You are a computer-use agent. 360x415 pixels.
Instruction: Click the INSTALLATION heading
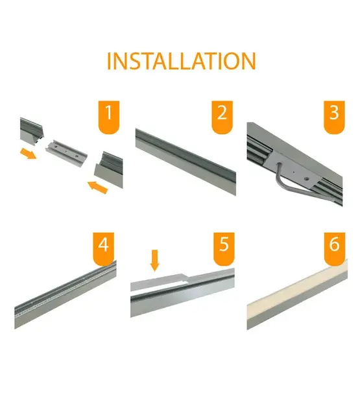[x=181, y=61]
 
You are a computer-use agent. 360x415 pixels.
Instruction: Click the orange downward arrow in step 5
[x=154, y=260]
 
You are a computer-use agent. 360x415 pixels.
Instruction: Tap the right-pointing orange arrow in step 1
[x=27, y=153]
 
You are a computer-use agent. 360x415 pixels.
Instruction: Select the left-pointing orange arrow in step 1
[x=97, y=188]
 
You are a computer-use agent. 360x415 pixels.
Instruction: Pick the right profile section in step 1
[x=109, y=170]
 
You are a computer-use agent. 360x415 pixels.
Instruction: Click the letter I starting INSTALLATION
[x=109, y=61]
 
